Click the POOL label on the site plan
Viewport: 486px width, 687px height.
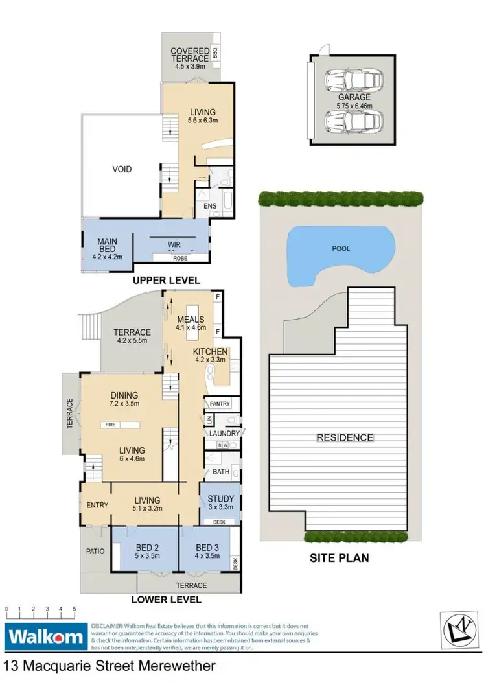point(341,247)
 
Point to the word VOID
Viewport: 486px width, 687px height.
point(122,169)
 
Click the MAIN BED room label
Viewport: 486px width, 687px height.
point(107,246)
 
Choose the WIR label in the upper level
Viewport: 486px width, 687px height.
point(174,244)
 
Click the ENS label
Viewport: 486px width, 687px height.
point(211,206)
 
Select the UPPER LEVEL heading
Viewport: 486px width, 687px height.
point(167,280)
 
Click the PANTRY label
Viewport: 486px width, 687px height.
point(220,404)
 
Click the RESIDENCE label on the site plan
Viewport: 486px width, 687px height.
point(345,437)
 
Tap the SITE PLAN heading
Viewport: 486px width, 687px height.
point(340,557)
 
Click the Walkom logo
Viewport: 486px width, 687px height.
point(45,636)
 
